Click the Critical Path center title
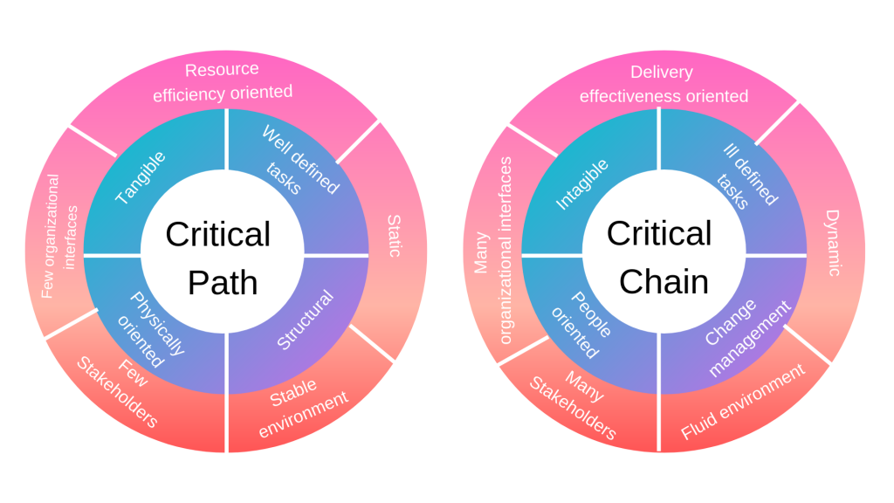[218, 258]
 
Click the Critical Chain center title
[659, 258]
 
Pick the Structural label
[305, 320]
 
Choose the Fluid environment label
[742, 403]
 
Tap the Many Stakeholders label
[572, 403]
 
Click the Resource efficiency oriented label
[223, 81]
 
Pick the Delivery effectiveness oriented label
[663, 84]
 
